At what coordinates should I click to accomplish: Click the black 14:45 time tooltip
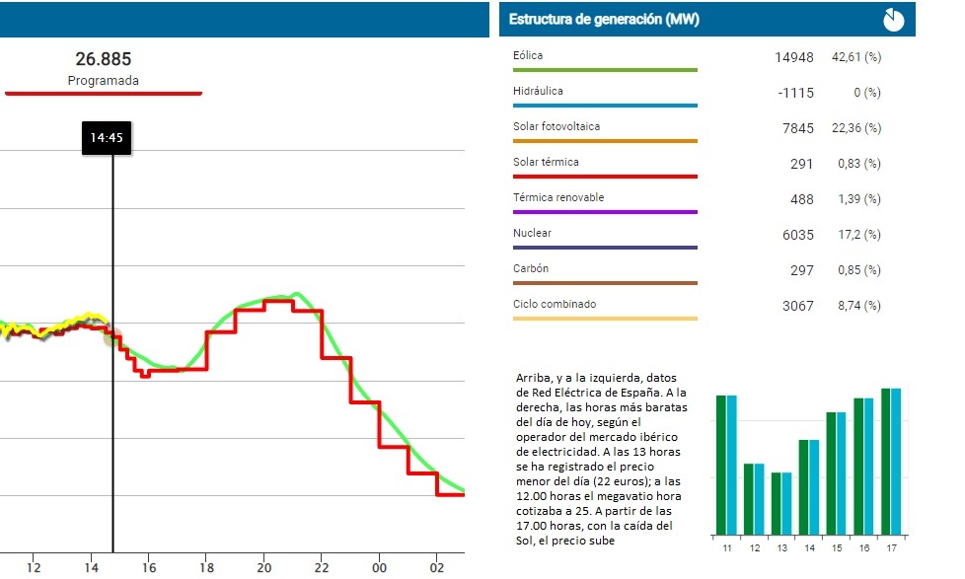[x=106, y=138]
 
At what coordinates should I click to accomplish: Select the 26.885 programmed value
[x=104, y=60]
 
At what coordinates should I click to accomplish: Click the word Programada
[x=104, y=81]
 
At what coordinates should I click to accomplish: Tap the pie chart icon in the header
[x=893, y=19]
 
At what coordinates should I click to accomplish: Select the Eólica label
[x=529, y=56]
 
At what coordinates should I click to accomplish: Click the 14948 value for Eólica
[x=794, y=57]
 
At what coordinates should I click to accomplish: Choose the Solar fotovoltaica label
[x=557, y=127]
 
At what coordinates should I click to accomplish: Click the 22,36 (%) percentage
[x=858, y=128]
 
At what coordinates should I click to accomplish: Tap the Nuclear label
[x=533, y=234]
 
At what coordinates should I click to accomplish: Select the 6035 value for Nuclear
[x=798, y=235]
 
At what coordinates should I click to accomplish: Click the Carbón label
[x=531, y=269]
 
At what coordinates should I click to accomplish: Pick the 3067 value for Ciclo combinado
[x=798, y=306]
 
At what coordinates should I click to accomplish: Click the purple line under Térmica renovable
[x=605, y=212]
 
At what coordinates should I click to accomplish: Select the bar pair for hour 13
[x=781, y=503]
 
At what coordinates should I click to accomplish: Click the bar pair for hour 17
[x=890, y=461]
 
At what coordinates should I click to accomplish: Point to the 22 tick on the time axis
[x=322, y=568]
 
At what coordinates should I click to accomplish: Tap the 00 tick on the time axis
[x=380, y=568]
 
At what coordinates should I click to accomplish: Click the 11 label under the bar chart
[x=726, y=546]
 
